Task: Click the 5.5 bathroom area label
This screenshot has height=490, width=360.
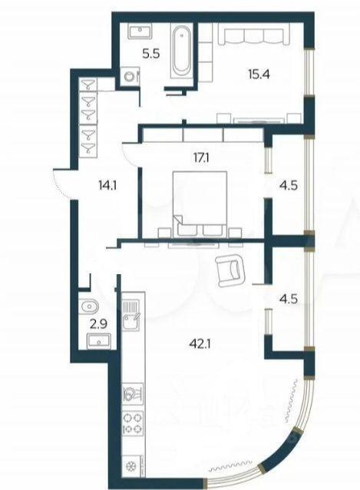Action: point(151,54)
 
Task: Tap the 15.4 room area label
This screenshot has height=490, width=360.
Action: point(259,74)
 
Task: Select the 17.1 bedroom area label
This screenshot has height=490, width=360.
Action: point(200,157)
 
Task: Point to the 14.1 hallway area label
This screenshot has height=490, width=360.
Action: point(107,187)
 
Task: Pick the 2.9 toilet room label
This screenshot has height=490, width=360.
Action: point(99,324)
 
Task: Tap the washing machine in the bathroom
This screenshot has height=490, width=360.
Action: point(129,76)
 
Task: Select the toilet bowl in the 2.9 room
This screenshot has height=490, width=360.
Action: point(90,306)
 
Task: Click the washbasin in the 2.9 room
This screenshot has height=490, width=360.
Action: point(99,341)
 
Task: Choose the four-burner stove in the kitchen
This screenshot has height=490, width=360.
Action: point(134,422)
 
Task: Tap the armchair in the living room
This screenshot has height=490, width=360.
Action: point(230,270)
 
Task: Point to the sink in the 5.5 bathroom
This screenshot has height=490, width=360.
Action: point(140,32)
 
